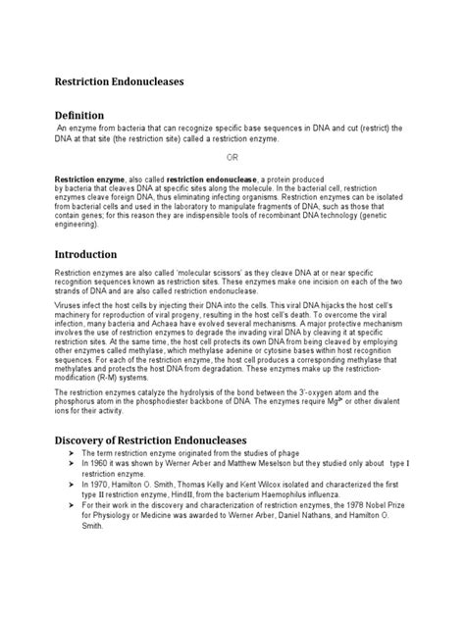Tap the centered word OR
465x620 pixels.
pos(232,157)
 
